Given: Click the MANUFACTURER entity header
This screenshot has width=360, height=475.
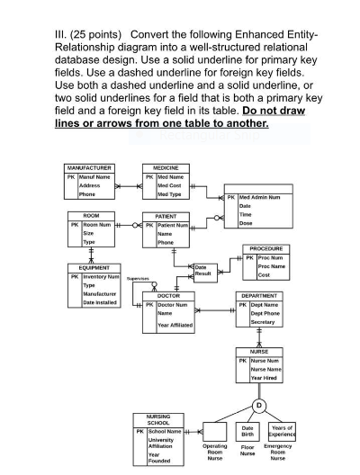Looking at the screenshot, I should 89,168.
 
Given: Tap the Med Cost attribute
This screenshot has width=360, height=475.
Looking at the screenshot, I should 170,185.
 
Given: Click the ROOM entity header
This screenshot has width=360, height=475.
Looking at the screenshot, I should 92,216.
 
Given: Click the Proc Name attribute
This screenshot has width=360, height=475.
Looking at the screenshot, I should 273,266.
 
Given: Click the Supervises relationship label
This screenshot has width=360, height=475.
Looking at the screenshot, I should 138,279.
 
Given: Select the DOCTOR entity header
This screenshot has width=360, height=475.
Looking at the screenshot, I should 169,295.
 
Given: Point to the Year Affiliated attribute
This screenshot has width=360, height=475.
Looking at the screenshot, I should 175,324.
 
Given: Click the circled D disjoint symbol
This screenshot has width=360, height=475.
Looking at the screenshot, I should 258,405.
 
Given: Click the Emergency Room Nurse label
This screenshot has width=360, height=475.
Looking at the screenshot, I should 278,452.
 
